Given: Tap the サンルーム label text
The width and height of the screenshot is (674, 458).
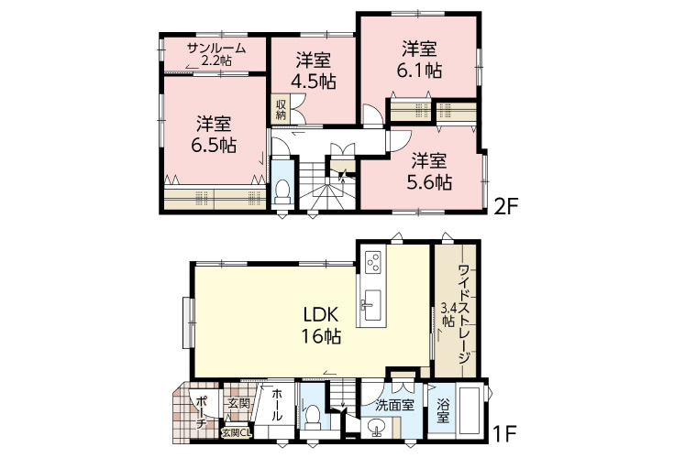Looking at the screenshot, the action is tap(216, 48).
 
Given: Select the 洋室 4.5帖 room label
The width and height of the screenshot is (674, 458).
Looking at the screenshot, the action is tap(314, 71).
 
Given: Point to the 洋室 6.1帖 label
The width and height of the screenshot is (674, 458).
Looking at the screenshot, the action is tap(420, 60).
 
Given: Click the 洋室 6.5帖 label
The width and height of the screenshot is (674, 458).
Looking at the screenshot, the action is tap(214, 135).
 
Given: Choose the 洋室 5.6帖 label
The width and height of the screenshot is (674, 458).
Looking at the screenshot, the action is tap(429, 171).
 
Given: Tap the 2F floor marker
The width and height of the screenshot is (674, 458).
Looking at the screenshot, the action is tap(506, 207).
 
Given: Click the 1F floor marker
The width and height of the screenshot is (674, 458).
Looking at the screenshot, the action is tap(503, 435).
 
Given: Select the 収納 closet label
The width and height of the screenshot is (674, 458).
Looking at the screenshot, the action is tap(282, 109).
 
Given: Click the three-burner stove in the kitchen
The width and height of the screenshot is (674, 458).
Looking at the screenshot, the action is tap(372, 260).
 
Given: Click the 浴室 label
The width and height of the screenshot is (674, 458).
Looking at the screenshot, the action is tap(443, 410).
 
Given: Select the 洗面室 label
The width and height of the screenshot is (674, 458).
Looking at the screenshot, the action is tap(394, 405).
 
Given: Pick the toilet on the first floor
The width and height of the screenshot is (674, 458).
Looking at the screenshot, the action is tap(313, 417).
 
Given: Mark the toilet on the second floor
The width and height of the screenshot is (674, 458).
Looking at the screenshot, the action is tap(282, 191).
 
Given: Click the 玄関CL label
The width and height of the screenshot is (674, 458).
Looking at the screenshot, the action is tap(236, 432).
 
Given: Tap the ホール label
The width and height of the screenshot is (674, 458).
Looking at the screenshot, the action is tap(277, 404).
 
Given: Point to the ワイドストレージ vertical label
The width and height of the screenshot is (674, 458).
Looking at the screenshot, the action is tap(464, 314).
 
